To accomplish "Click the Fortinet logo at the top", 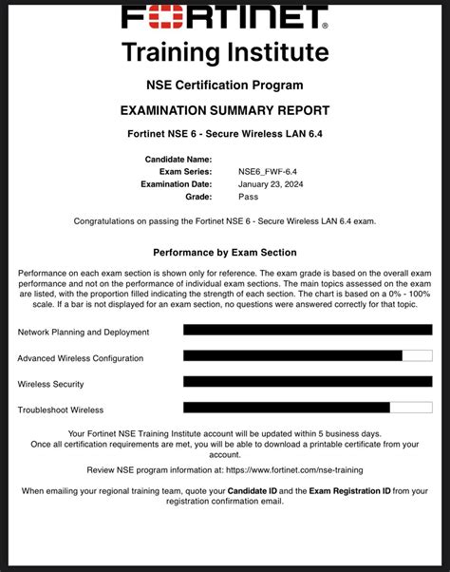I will pos(225,17).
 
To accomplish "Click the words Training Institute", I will pos(225,51).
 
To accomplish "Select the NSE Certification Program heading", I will pos(225,86).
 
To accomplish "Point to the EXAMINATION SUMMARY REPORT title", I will pos(225,110).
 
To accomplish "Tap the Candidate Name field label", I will pos(178,159).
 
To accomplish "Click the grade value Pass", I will pos(248,197).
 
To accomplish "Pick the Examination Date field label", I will pos(177,184).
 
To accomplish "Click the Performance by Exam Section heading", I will pos(225,253).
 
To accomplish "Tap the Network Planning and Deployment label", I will pos(84,333).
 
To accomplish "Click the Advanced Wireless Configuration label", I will pos(81,358).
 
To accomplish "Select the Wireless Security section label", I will pos(50,384).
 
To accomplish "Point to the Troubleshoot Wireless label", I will pos(61,410).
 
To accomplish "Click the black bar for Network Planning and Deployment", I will pos(307,330).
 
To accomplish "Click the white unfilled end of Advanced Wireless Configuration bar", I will pos(417,355).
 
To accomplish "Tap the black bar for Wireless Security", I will pos(307,381).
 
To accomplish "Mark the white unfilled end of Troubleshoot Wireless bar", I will pos(411,407).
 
